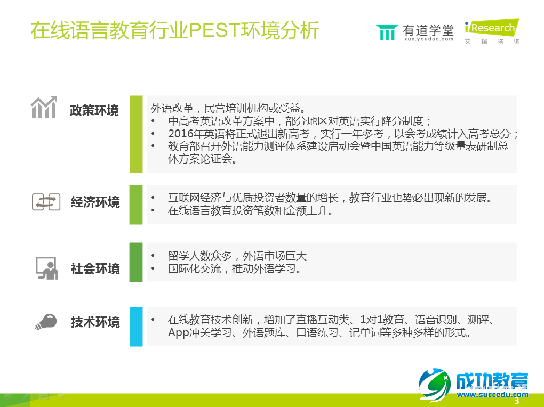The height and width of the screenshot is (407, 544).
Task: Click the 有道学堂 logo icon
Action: (387, 32)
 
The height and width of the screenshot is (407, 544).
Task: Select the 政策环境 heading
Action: (94, 111)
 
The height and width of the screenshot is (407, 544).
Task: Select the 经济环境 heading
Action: (95, 202)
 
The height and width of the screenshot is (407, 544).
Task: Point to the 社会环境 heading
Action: (95, 268)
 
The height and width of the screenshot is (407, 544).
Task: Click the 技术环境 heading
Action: (95, 322)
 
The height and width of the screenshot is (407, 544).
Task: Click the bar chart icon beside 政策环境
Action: (44, 108)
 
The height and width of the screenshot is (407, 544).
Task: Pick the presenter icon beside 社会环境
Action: (46, 268)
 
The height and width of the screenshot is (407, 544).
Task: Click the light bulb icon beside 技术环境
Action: (46, 321)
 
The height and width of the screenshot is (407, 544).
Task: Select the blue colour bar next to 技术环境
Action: (137, 327)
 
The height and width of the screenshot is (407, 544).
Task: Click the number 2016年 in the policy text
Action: (185, 133)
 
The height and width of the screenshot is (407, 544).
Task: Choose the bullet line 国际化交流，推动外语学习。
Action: (235, 269)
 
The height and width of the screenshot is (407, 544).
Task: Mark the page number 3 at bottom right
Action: (516, 401)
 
